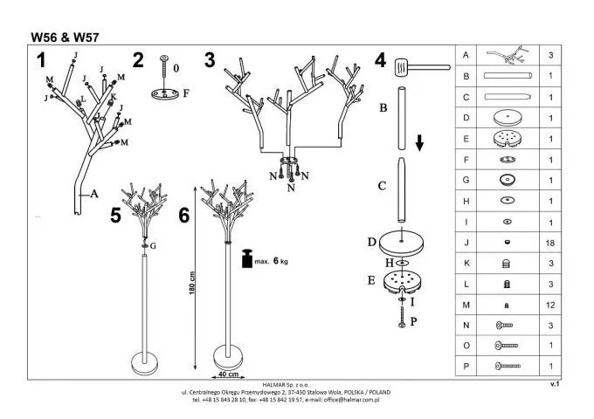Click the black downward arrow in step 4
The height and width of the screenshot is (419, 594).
[420, 141]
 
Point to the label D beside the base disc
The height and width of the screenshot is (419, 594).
[372, 240]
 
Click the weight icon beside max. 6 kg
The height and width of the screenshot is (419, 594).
[248, 258]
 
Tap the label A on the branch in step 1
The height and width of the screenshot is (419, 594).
[93, 195]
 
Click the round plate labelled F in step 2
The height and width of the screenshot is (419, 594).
[164, 93]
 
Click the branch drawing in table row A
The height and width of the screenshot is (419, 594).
[507, 54]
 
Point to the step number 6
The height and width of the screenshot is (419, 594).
[184, 216]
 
